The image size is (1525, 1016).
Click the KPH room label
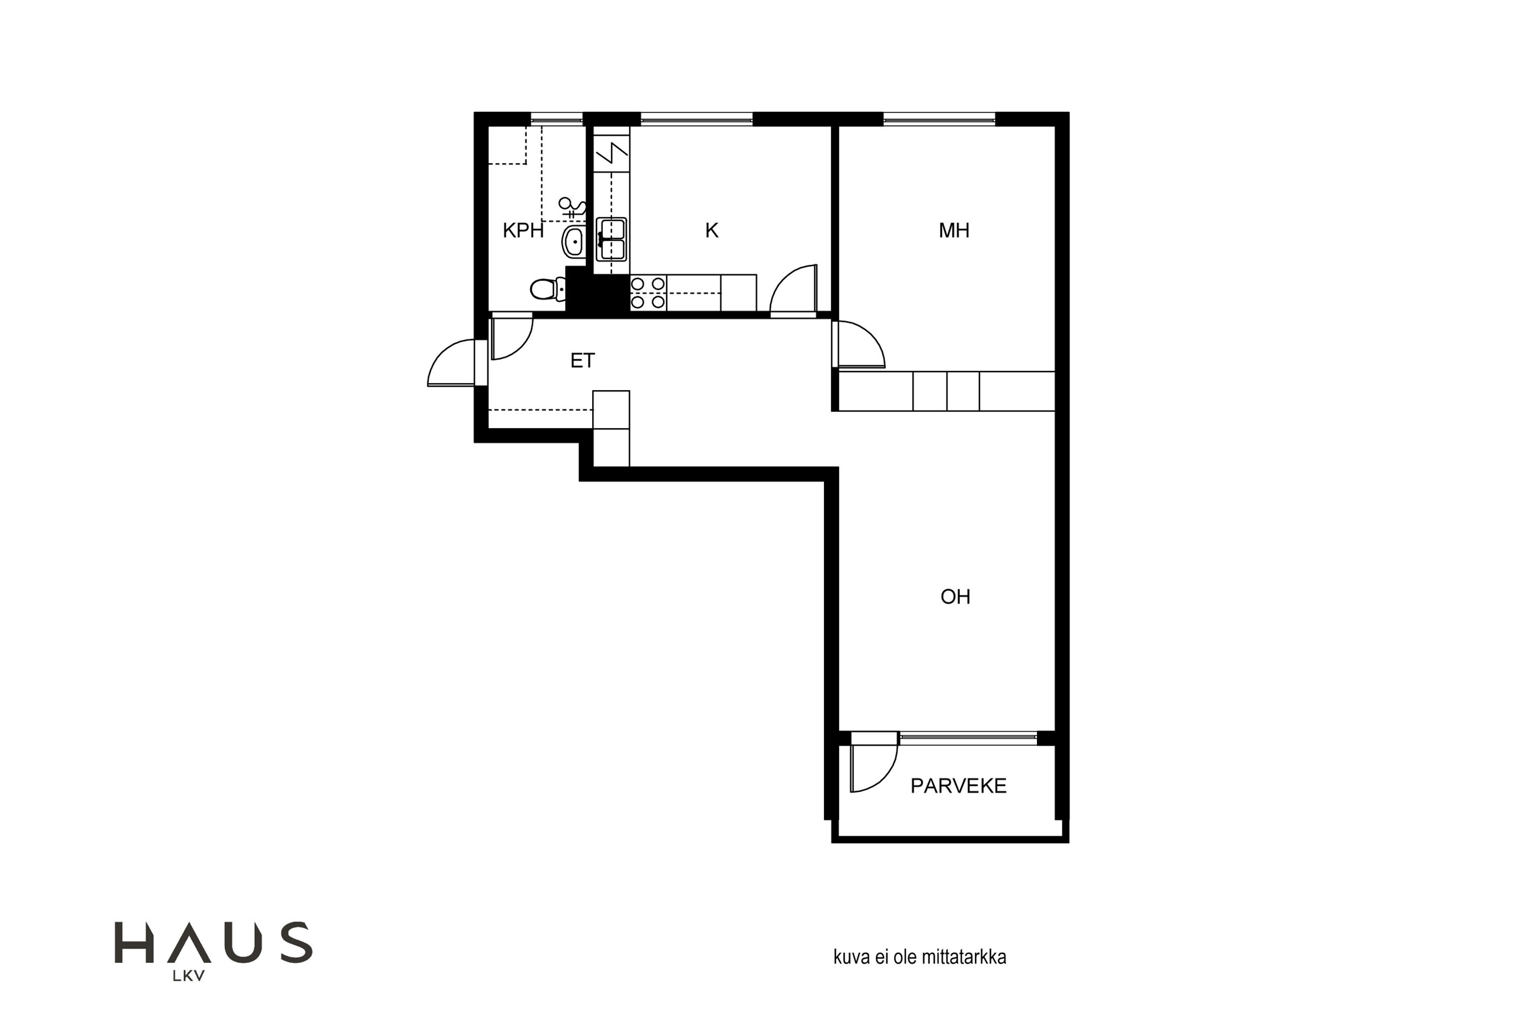[523, 231]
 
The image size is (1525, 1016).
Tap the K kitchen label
[712, 231]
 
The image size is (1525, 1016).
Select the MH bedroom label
[954, 231]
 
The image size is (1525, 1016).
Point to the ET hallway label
[582, 361]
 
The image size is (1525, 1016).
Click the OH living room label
[955, 597]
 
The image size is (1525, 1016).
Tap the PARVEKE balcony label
[958, 786]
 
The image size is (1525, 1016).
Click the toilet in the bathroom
[548, 289]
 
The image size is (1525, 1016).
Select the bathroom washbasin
[573, 242]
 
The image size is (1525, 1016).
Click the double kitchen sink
[612, 239]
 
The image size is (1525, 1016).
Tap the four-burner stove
[648, 293]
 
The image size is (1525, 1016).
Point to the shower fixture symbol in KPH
[572, 207]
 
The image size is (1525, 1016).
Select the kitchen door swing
[793, 290]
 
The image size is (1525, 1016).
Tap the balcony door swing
[874, 769]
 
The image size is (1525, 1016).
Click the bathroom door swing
[512, 337]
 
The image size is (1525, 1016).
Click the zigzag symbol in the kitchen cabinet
[612, 153]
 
